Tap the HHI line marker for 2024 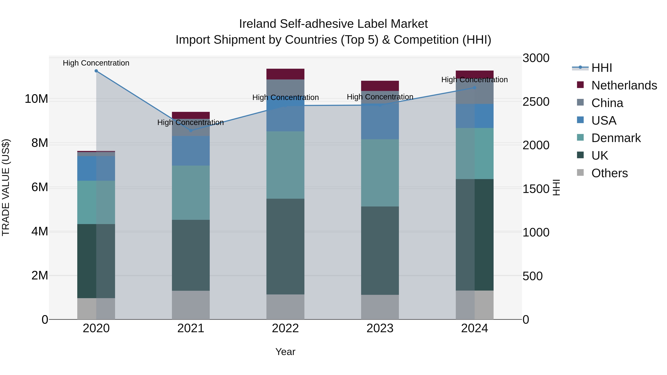[475, 88]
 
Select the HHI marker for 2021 [191, 131]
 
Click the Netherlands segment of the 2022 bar [285, 74]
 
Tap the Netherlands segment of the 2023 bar [380, 86]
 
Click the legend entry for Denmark [616, 138]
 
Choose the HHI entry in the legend [601, 68]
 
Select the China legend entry [607, 103]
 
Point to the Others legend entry [609, 173]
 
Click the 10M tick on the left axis [36, 99]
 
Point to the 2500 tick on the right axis [536, 102]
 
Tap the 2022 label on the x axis [285, 328]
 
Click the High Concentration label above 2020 [96, 63]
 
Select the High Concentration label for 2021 [191, 122]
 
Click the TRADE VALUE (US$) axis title [6, 187]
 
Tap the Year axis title [285, 352]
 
